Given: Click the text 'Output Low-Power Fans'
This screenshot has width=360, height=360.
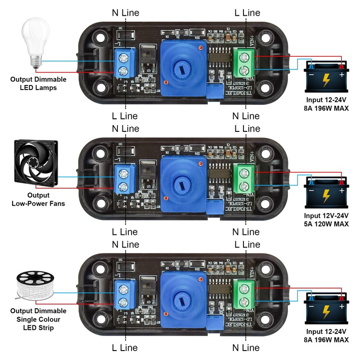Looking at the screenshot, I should tap(38, 199).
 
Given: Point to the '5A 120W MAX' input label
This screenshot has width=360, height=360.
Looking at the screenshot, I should tap(326, 223).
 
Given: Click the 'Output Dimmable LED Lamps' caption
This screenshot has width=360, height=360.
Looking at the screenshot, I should tap(38, 83).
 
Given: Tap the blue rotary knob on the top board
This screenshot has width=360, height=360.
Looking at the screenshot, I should tap(181, 67).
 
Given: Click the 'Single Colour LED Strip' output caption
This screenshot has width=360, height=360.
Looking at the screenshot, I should tap(38, 319).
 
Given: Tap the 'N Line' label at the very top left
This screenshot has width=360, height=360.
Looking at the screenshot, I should tap(126, 13).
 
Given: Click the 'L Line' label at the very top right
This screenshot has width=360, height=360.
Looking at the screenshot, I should tap(247, 13).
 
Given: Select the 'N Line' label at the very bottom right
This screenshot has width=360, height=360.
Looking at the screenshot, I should tap(246, 347).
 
